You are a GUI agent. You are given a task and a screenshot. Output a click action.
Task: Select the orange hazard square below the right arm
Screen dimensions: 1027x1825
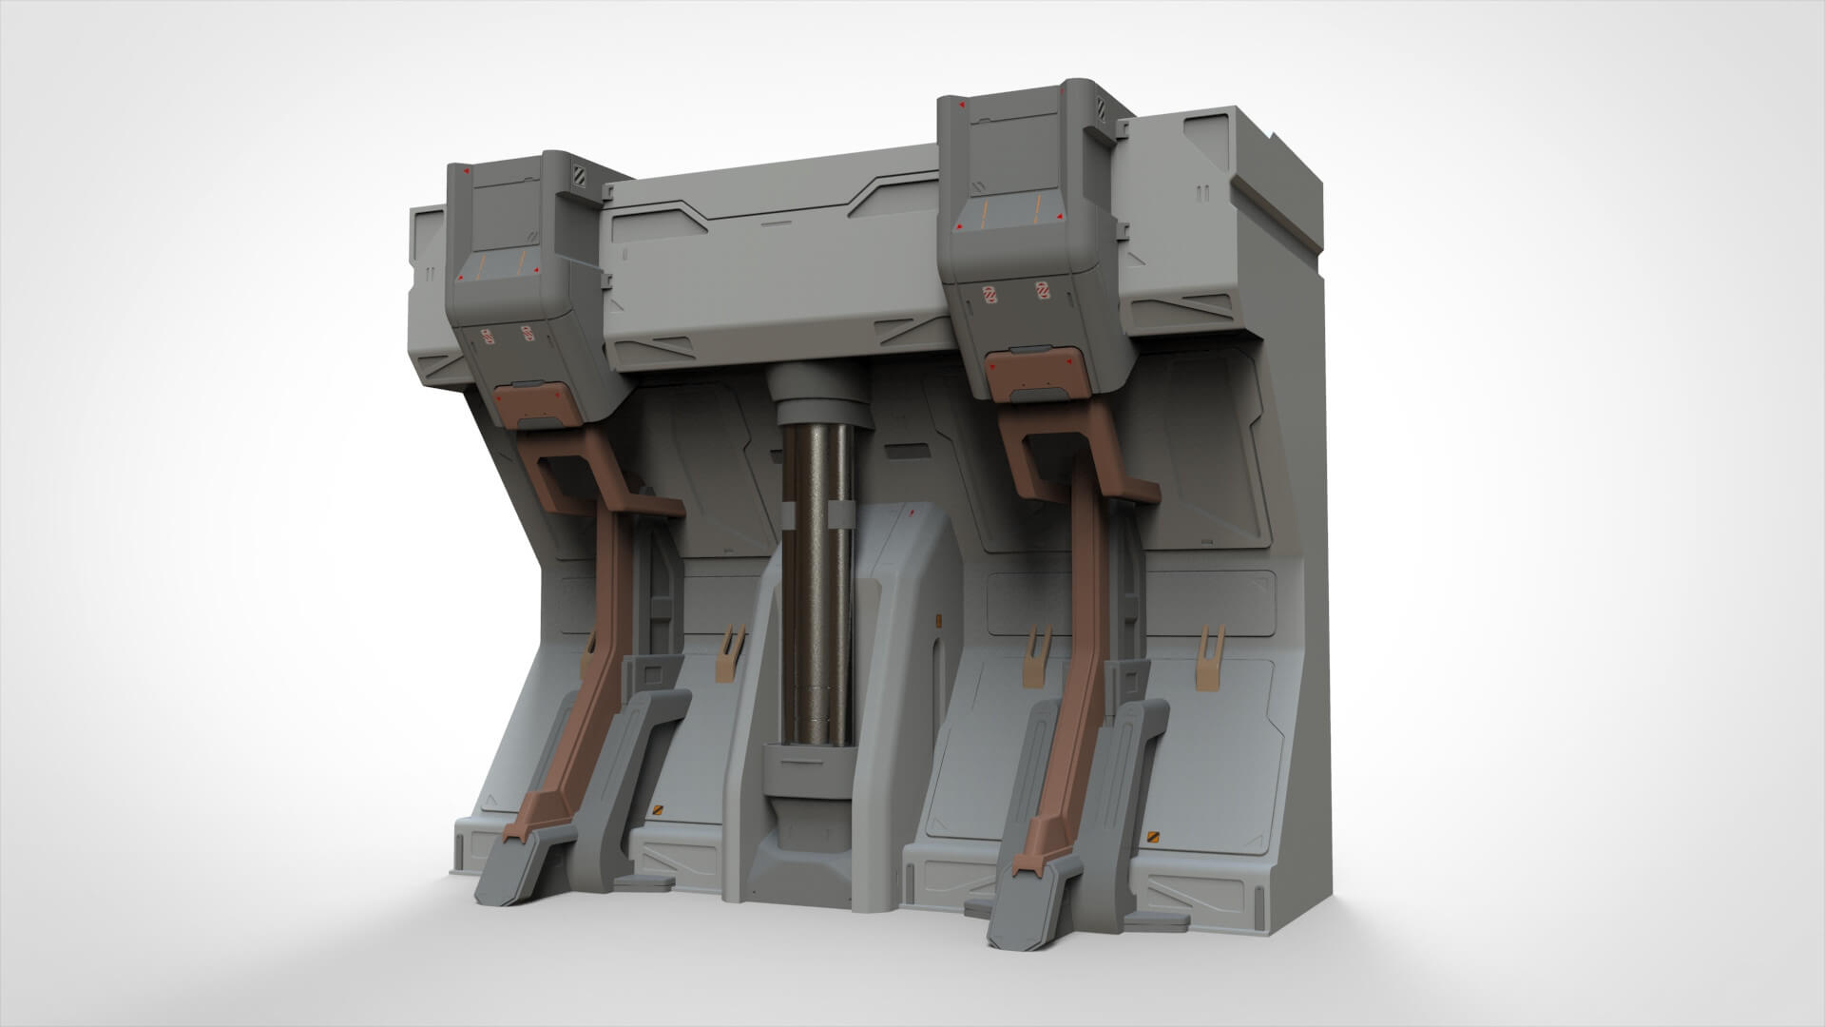pyautogui.click(x=1155, y=836)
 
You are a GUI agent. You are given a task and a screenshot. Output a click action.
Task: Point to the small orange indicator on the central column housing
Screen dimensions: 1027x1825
pyautogui.click(x=938, y=621)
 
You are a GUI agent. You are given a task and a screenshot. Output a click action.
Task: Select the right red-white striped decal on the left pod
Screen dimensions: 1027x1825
pyautogui.click(x=526, y=336)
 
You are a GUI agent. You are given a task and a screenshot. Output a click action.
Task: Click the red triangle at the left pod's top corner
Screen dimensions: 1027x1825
pyautogui.click(x=466, y=172)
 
